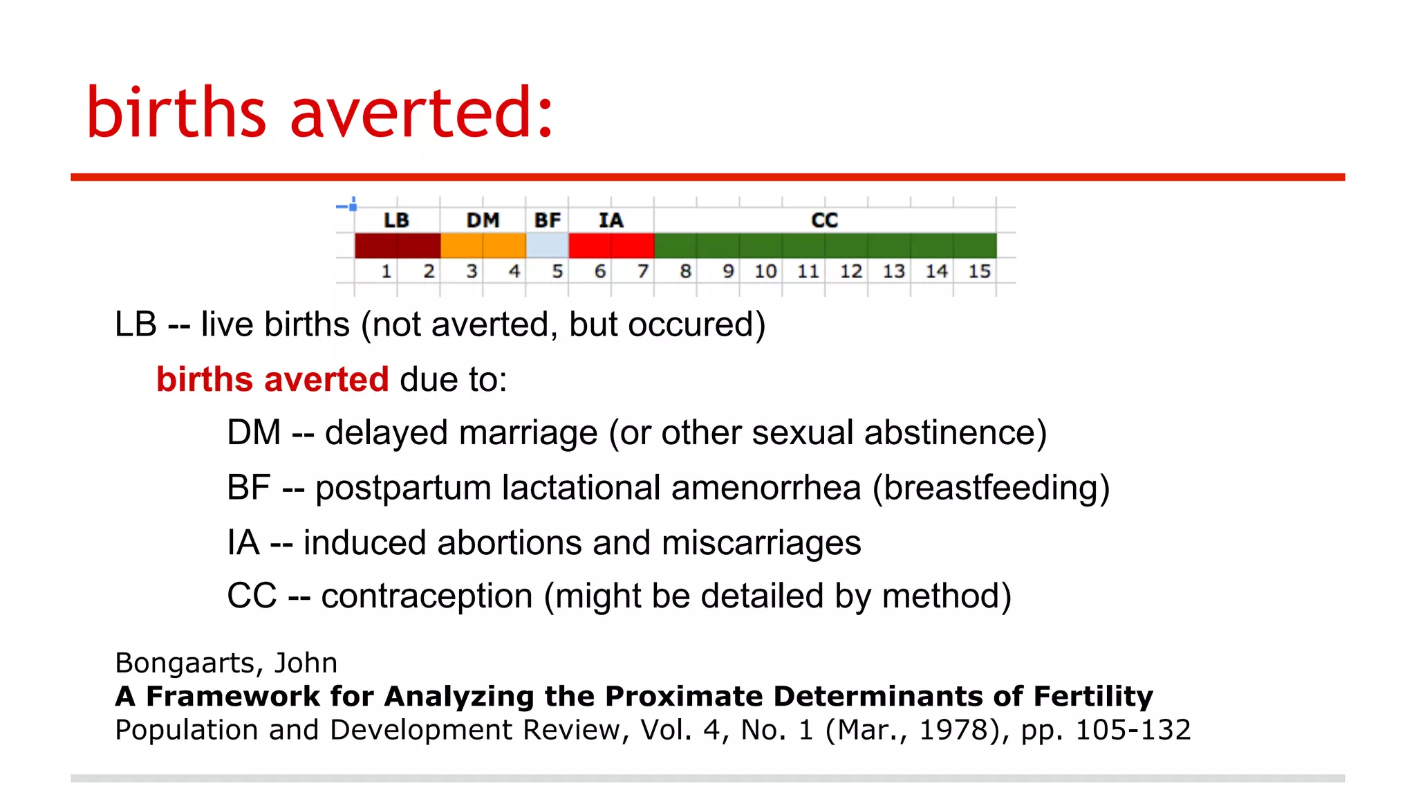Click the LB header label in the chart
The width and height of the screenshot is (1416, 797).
[396, 220]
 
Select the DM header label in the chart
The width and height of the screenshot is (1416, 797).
[483, 220]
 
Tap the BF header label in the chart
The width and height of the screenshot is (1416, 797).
[547, 220]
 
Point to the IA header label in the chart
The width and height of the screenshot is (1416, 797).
[611, 220]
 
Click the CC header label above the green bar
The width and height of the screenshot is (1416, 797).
[824, 220]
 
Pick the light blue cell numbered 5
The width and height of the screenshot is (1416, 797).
[547, 246]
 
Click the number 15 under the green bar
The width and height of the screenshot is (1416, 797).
[979, 271]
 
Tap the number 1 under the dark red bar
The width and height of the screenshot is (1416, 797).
[386, 271]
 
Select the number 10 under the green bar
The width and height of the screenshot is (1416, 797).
[765, 271]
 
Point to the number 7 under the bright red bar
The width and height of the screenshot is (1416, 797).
[642, 271]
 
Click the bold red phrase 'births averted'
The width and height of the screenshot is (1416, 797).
[272, 379]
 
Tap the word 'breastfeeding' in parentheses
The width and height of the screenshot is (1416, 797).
[991, 488]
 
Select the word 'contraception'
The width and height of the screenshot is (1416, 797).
[427, 596]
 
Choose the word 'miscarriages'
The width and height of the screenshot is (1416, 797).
[761, 542]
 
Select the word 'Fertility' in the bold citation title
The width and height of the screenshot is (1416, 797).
[1093, 696]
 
